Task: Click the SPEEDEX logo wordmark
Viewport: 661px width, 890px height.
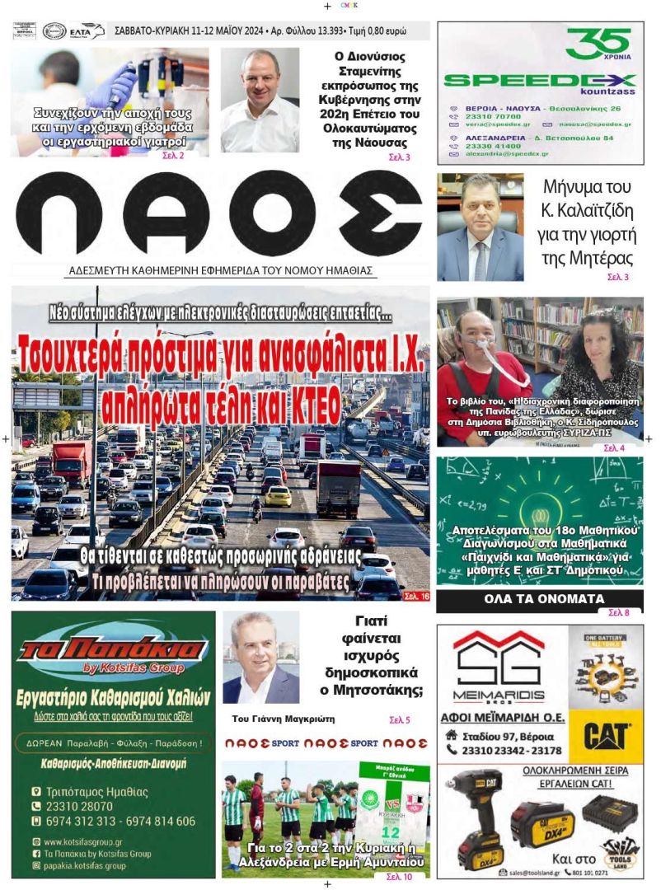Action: click(540, 81)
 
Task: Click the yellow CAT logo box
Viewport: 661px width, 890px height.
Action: click(606, 735)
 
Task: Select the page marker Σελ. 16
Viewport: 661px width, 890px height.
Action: click(415, 595)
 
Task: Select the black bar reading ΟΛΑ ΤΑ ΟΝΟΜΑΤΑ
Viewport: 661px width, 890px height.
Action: click(540, 599)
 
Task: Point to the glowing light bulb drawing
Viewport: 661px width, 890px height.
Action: click(537, 494)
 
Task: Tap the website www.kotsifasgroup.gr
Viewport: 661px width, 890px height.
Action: click(83, 842)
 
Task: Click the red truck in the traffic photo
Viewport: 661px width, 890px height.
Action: click(73, 459)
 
